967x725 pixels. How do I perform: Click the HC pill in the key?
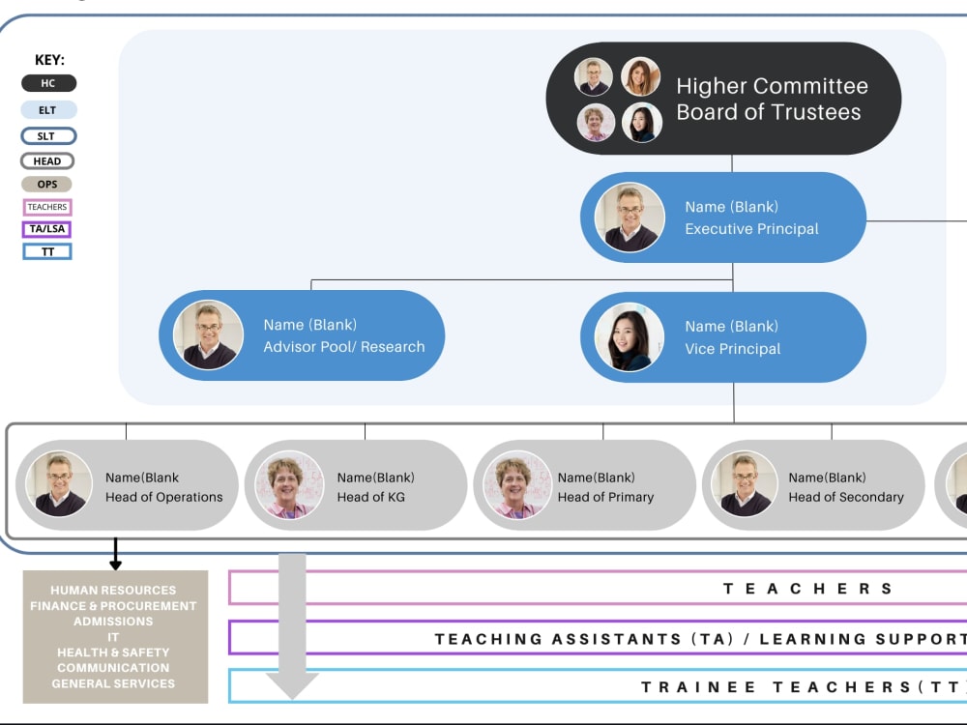(48, 83)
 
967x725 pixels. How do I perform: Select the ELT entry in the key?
(48, 110)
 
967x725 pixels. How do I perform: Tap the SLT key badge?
(48, 135)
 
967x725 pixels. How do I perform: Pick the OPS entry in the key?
(46, 184)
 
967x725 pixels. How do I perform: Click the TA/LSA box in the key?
(46, 229)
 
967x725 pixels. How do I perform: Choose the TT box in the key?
(46, 251)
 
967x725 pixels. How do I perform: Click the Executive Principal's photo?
(630, 217)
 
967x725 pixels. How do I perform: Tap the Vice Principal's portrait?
(630, 336)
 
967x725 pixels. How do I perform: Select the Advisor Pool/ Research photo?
(209, 335)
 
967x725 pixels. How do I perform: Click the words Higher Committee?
(772, 86)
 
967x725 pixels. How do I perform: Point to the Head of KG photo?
(288, 484)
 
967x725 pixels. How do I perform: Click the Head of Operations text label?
(164, 497)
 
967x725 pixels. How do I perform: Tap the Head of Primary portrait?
(516, 484)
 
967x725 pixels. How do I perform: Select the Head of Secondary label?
(846, 497)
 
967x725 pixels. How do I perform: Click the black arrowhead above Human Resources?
(115, 564)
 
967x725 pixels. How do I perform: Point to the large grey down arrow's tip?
(292, 699)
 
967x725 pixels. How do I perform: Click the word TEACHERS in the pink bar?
(807, 589)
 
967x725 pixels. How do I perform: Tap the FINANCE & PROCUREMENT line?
(113, 606)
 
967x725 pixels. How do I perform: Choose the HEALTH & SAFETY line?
(113, 652)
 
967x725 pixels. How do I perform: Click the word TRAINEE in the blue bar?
(699, 686)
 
